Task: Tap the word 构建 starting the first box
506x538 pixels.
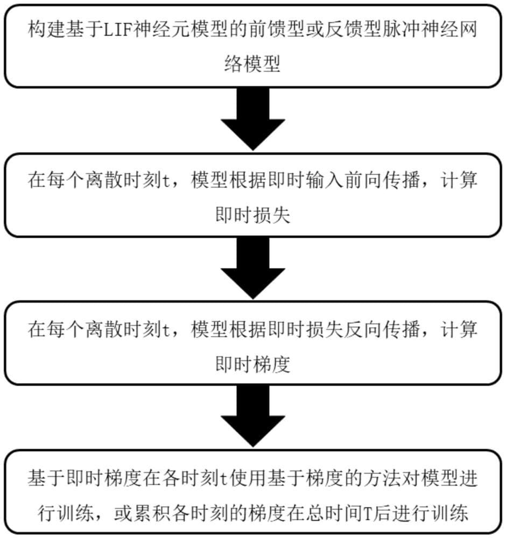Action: (46, 31)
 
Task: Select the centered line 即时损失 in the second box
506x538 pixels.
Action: (252, 215)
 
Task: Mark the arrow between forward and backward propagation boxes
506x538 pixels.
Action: (252, 269)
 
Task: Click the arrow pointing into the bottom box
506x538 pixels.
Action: (252, 417)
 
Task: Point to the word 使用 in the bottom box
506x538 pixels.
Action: (244, 478)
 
